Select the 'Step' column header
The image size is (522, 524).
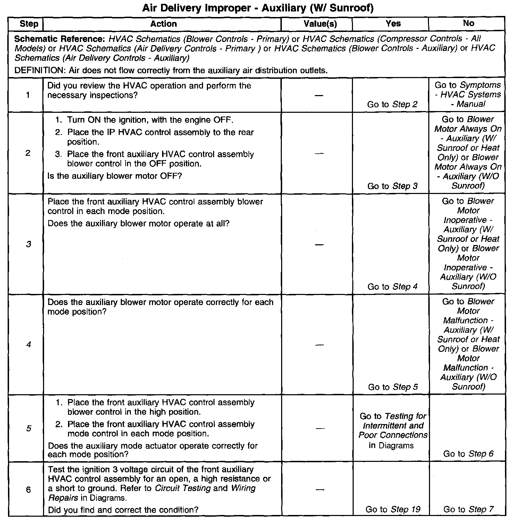pos(29,24)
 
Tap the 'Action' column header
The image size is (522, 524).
pos(163,24)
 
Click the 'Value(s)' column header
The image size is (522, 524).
pos(320,24)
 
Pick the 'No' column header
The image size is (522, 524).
pos(468,23)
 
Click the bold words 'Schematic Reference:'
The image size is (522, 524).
pos(59,39)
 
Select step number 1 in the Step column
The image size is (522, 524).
pos(28,95)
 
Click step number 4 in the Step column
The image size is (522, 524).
pos(28,345)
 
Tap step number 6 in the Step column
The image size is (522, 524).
pos(28,490)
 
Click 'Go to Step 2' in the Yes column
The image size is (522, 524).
pos(392,104)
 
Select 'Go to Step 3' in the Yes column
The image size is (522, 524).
pos(393,186)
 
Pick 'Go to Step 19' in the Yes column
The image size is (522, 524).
pos(393,509)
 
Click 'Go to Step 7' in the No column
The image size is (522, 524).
pos(468,509)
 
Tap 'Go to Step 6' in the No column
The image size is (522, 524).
pos(468,454)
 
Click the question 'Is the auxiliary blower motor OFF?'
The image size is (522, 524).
pos(115,176)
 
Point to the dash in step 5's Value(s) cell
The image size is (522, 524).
pos(320,429)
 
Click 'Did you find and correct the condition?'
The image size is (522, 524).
pos(123,510)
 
